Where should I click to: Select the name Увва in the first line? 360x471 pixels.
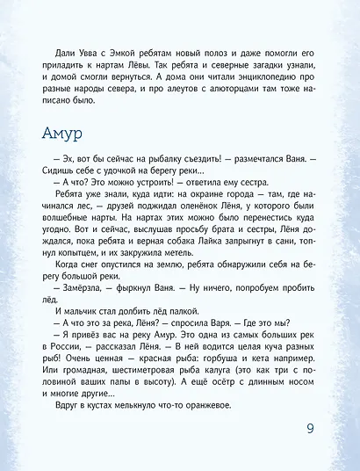coord(81,54)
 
